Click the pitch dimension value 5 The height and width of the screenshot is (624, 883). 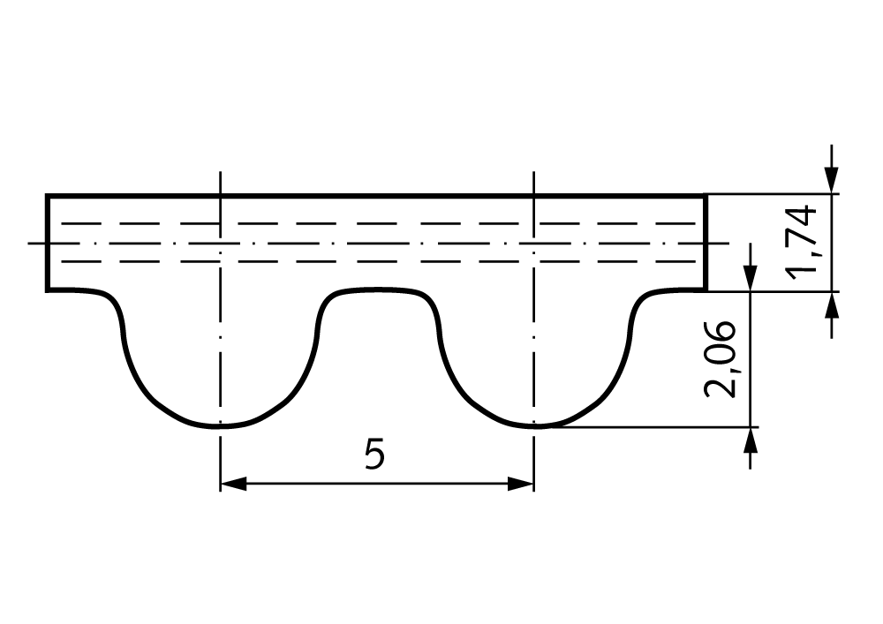pyautogui.click(x=374, y=455)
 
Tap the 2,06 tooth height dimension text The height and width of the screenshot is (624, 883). pyautogui.click(x=720, y=359)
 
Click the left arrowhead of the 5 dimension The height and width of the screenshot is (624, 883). pyautogui.click(x=233, y=484)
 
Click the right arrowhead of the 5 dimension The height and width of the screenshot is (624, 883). pyautogui.click(x=520, y=484)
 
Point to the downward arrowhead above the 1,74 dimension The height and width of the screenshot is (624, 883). pyautogui.click(x=832, y=181)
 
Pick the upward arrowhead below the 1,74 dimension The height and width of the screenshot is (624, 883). pyautogui.click(x=832, y=305)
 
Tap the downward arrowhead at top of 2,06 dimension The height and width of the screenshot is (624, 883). pyautogui.click(x=750, y=278)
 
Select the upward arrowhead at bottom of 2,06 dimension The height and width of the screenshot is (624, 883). pyautogui.click(x=750, y=440)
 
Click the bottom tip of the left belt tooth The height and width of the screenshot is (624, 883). pyautogui.click(x=220, y=426)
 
